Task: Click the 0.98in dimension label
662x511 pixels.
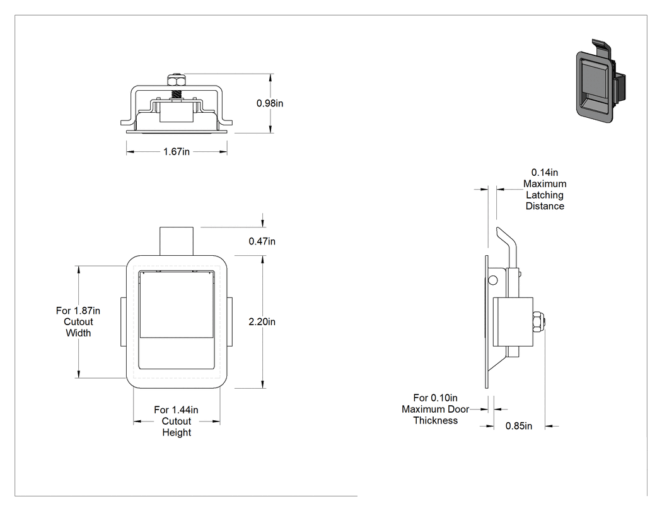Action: click(270, 103)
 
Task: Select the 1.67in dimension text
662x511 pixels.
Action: click(177, 151)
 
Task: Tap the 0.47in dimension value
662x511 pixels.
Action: click(262, 241)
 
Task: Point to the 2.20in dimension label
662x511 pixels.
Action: click(262, 322)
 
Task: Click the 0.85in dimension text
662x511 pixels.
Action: click(518, 426)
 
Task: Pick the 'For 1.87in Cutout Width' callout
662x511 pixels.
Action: click(78, 322)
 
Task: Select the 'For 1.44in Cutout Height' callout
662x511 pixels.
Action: click(177, 421)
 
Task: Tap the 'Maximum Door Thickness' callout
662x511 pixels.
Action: click(435, 410)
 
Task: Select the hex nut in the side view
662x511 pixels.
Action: click(538, 322)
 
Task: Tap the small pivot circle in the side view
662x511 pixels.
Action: click(492, 280)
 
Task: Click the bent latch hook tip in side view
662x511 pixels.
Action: click(499, 231)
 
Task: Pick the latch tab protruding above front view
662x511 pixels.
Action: click(177, 241)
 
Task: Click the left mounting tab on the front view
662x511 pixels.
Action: click(124, 322)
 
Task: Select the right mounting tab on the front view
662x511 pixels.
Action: click(229, 322)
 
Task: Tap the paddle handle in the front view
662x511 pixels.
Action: click(176, 305)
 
